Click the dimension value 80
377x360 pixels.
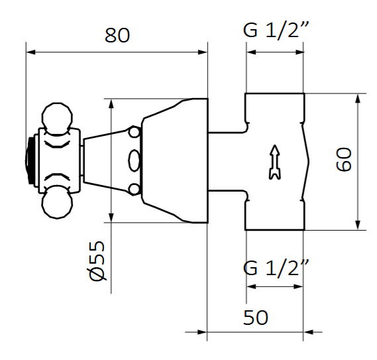coord(117,35)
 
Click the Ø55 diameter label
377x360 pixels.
coord(97,261)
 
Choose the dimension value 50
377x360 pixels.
coord(255,318)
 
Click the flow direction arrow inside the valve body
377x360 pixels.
coord(273,162)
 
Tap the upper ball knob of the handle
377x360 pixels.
coord(56,117)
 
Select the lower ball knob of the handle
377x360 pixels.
coord(56,206)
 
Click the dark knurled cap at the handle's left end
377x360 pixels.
coord(30,161)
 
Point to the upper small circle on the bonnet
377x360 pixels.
coord(135,133)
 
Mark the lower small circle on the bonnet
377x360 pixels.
coord(135,190)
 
